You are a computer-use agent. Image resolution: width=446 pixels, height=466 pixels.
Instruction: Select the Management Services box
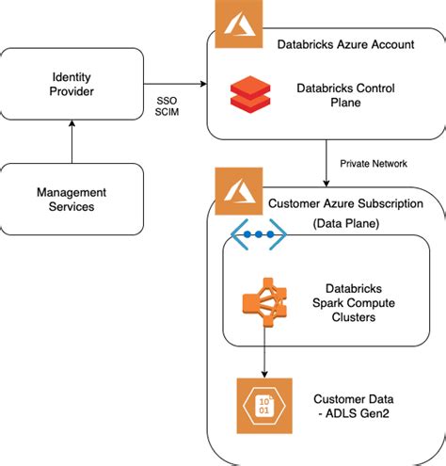tap(72, 199)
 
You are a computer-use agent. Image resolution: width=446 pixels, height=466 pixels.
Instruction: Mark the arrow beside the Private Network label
tap(325, 162)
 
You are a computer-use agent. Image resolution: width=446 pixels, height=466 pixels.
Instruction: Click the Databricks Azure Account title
tap(345, 44)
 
